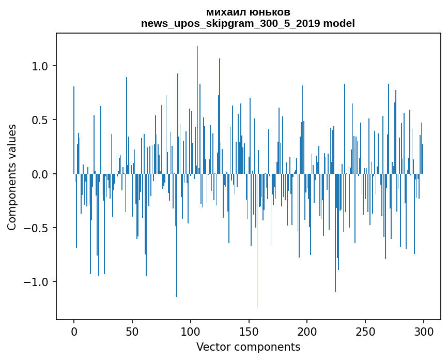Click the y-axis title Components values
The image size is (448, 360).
click(x=12, y=177)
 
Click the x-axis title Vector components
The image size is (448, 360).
click(x=248, y=347)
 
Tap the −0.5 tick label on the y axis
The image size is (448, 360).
click(x=37, y=228)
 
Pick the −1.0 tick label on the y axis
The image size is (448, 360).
click(x=37, y=282)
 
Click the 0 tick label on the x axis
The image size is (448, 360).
click(x=74, y=331)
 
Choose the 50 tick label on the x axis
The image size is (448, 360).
click(x=132, y=331)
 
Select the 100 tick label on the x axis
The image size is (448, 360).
click(x=191, y=331)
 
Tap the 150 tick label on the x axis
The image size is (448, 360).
click(x=249, y=331)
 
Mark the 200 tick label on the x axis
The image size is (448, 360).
click(x=307, y=331)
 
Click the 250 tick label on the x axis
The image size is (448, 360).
click(x=365, y=331)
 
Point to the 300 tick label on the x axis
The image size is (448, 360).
click(x=424, y=331)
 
